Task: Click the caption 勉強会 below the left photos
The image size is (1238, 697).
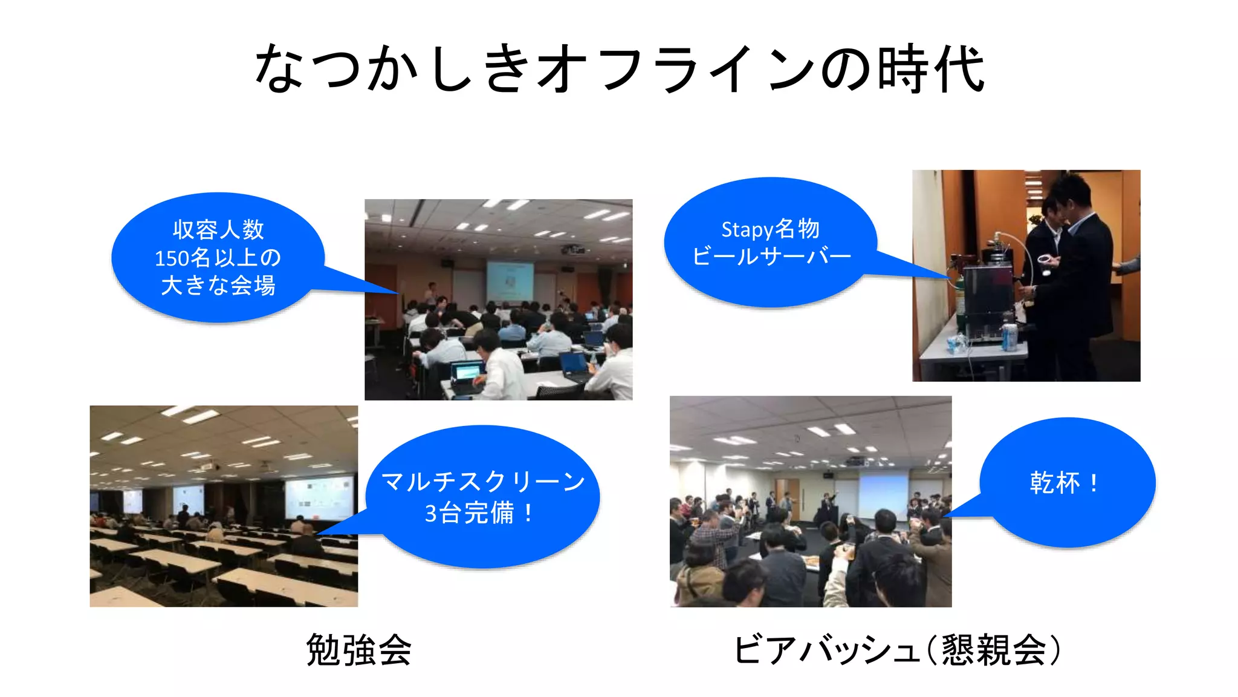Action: point(358,650)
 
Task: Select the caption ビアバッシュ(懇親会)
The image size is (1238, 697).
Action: point(897,650)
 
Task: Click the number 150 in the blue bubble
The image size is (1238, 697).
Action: point(172,258)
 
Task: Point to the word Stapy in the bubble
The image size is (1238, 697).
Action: point(747,230)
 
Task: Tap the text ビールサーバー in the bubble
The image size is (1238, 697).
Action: point(771,257)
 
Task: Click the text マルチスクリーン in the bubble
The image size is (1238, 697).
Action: point(483,482)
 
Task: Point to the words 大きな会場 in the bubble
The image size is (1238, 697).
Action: point(218,285)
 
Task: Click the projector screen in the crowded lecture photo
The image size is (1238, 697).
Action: point(510,280)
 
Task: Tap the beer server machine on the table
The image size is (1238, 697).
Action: point(987,303)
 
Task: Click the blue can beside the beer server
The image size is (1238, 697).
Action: point(1008,338)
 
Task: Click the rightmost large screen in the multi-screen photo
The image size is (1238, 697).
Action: point(320,497)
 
